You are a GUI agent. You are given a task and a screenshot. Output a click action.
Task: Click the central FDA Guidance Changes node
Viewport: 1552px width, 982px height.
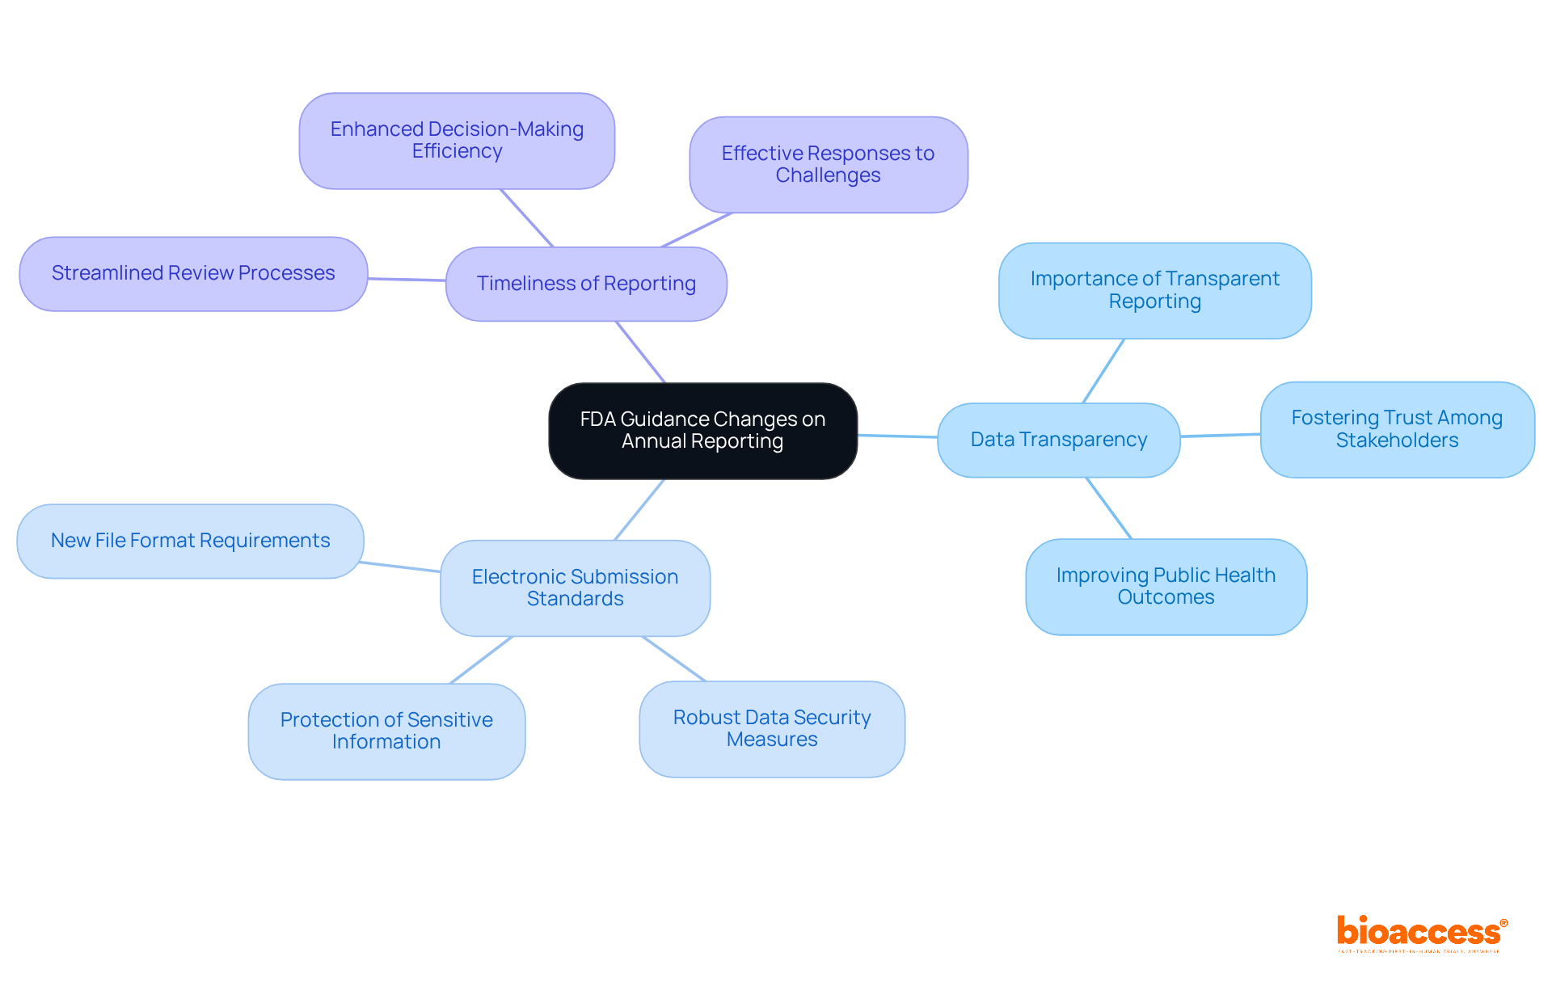coord(702,430)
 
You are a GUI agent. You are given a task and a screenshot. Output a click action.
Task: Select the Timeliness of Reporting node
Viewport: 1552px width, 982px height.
coord(586,284)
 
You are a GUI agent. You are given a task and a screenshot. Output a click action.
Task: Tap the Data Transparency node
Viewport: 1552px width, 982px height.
coord(1058,440)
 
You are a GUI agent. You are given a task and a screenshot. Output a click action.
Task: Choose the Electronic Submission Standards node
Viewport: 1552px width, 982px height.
coord(575,588)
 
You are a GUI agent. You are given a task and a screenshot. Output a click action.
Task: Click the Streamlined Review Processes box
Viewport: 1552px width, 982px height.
coord(193,273)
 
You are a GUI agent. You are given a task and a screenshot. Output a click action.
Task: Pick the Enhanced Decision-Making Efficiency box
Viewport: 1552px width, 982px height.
coord(457,141)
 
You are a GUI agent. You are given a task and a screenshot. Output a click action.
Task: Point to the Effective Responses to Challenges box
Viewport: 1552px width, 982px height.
coord(828,164)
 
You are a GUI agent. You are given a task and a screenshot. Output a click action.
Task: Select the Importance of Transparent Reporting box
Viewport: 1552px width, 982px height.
coord(1154,290)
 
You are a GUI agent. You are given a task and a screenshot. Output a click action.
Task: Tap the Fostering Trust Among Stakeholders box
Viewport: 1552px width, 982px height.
coord(1397,429)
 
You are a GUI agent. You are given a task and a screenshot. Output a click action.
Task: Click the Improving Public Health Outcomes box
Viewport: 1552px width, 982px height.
coord(1166,587)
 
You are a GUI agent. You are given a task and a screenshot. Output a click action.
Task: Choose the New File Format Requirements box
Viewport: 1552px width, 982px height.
coord(190,541)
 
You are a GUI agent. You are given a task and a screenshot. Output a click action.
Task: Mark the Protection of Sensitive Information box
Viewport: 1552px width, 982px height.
coord(386,731)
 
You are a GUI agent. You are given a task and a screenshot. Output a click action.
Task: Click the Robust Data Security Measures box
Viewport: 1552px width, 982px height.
coord(772,729)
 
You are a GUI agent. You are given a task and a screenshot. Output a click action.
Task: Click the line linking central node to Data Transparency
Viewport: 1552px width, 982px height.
coord(897,436)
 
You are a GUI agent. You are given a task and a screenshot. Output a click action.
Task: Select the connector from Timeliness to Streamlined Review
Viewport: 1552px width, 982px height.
coord(407,280)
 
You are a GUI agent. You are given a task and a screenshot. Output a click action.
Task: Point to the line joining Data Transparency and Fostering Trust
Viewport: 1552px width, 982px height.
coord(1221,436)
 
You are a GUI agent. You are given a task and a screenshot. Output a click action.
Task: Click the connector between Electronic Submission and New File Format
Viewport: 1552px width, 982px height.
coord(401,567)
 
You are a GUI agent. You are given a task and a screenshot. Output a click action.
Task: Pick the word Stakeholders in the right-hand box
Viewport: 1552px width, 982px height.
coord(1397,440)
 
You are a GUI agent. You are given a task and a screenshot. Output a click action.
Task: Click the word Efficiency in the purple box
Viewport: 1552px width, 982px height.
coord(457,151)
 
